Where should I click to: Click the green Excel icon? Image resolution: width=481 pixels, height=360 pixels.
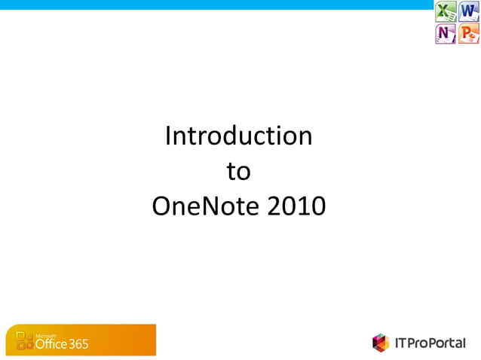tap(446, 12)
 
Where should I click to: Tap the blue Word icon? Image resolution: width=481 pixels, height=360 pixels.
tap(469, 12)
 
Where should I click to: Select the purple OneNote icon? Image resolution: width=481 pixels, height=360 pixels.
tap(446, 34)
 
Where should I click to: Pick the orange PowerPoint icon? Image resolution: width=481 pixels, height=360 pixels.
tap(469, 34)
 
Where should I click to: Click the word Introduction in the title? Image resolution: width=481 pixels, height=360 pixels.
tap(238, 136)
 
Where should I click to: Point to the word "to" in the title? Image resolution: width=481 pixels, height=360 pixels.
tap(238, 172)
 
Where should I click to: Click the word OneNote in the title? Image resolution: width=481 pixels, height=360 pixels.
tap(207, 206)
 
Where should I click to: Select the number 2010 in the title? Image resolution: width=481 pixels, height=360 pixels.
tap(296, 206)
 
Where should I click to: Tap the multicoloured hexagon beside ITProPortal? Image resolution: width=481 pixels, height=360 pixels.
tap(381, 343)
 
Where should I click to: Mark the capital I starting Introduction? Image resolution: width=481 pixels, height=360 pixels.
tap(169, 136)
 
